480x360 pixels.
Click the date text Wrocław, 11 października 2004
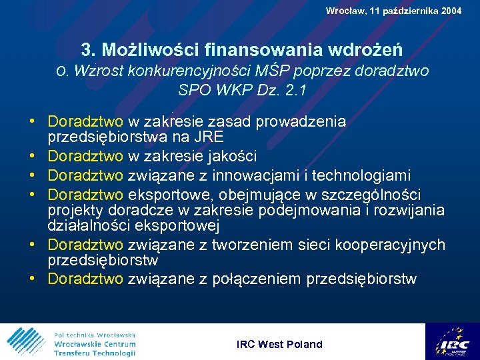click(x=393, y=11)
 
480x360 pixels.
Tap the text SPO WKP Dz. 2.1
click(x=242, y=90)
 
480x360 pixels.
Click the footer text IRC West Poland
click(x=279, y=344)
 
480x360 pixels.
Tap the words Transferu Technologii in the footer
click(x=95, y=353)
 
